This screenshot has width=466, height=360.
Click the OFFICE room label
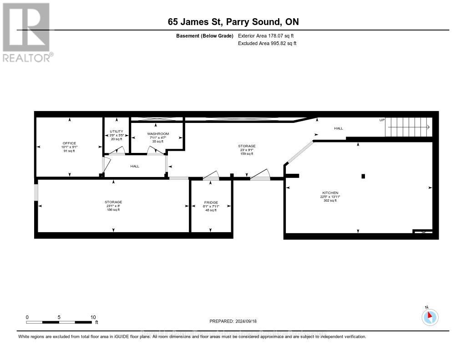pos(69,143)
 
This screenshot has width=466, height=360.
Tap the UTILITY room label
pos(116,131)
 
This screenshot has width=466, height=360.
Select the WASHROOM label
pos(158,133)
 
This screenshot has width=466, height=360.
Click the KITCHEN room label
pos(331,193)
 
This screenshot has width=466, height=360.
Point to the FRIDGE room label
pos(211,202)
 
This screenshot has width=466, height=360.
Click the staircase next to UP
pos(408,127)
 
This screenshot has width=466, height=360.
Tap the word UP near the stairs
pos(382,120)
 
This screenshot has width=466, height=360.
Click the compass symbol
pos(430,317)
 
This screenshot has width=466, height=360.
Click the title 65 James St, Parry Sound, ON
pos(233,22)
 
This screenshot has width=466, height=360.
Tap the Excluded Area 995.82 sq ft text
pos(267,44)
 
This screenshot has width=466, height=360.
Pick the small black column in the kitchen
pos(363,176)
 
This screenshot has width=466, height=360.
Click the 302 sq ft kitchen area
pos(331,200)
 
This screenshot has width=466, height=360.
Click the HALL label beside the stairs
pos(339,128)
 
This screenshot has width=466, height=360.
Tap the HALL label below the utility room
pos(135,166)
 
